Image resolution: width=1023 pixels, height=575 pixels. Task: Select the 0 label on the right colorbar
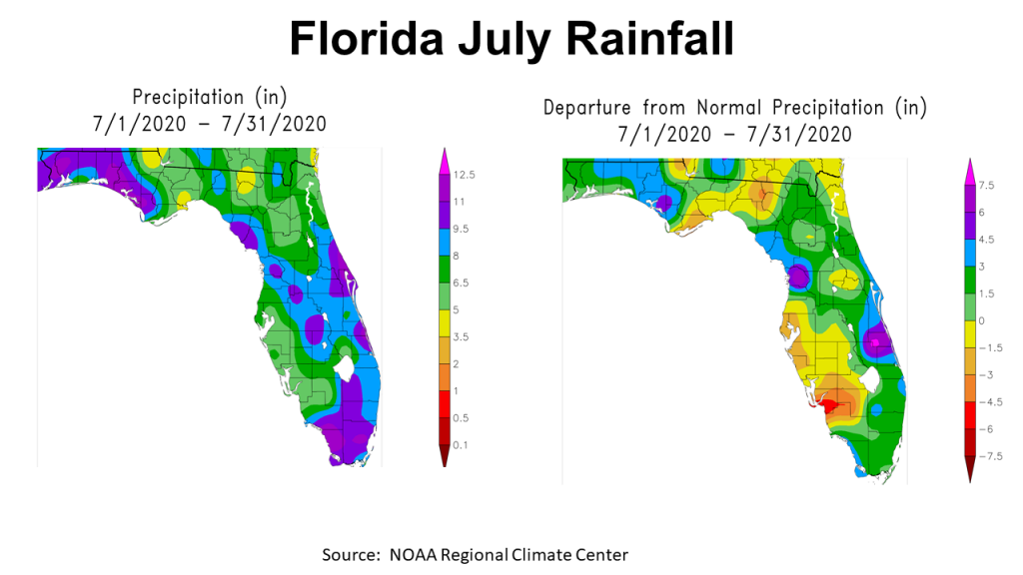click(x=982, y=320)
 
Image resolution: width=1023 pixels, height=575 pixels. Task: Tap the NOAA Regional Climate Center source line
click(x=475, y=554)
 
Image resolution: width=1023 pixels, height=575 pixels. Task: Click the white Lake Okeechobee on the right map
click(x=866, y=380)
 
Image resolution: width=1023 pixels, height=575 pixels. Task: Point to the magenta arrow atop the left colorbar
click(x=445, y=155)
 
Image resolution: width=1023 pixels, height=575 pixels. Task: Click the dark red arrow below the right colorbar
click(x=969, y=468)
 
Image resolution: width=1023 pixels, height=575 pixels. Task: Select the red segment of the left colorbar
click(x=445, y=404)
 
